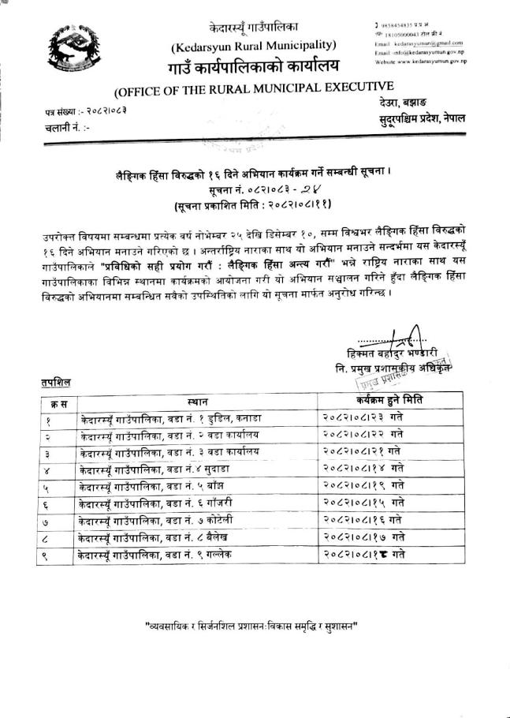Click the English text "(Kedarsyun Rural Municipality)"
253,45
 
